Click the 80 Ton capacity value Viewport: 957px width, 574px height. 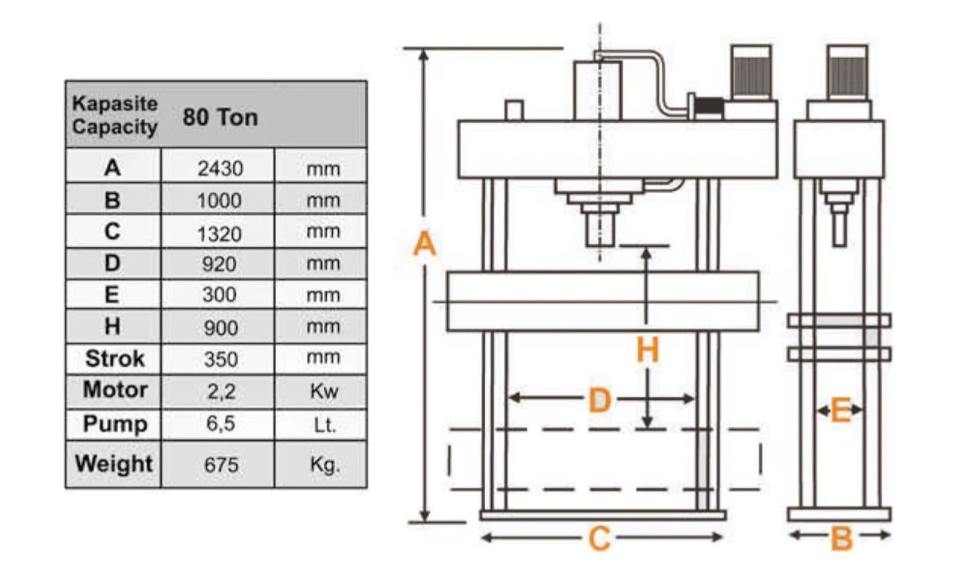pyautogui.click(x=220, y=117)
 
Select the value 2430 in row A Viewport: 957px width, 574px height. pyautogui.click(x=220, y=168)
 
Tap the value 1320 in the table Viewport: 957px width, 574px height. pyautogui.click(x=219, y=234)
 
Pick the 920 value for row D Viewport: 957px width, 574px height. pyautogui.click(x=219, y=264)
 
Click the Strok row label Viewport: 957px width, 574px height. pyautogui.click(x=115, y=358)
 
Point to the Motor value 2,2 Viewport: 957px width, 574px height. pyautogui.click(x=222, y=391)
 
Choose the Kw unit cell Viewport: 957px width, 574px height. pyautogui.click(x=324, y=391)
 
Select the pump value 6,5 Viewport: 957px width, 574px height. pyautogui.click(x=221, y=423)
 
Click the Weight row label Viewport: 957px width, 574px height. pyautogui.click(x=113, y=464)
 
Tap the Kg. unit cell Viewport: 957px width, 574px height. pyautogui.click(x=325, y=465)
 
